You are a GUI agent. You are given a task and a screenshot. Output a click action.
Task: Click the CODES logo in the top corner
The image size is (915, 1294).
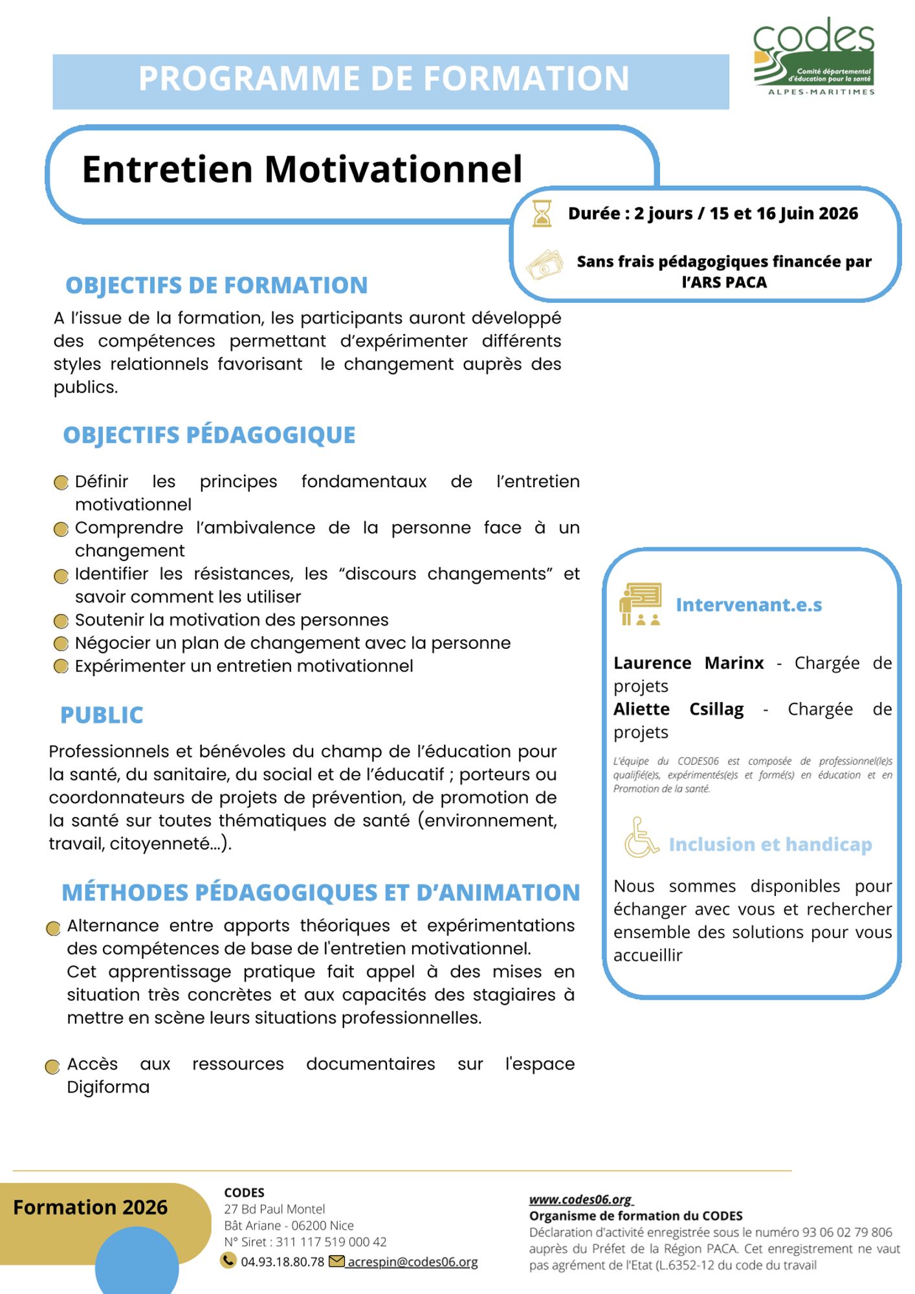[x=814, y=57]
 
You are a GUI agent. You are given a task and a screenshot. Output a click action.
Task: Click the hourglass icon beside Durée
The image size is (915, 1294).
[x=542, y=214]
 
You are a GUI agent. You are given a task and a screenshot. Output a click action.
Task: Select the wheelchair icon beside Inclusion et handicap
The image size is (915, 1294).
[x=640, y=838]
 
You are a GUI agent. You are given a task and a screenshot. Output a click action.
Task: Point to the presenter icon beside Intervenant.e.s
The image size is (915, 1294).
[x=640, y=604]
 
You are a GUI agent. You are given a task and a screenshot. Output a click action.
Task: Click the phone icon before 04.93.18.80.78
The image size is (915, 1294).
[x=228, y=1260]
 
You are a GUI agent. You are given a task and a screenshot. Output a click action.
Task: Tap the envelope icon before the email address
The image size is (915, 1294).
[x=336, y=1261]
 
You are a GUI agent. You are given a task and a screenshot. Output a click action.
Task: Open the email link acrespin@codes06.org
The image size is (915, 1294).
[x=413, y=1262]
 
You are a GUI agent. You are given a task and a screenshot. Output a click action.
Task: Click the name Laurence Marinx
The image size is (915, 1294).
[x=689, y=663]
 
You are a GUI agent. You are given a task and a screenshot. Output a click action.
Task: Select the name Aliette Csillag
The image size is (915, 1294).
[x=678, y=709]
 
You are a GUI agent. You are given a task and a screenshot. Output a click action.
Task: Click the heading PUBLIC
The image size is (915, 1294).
[x=102, y=715]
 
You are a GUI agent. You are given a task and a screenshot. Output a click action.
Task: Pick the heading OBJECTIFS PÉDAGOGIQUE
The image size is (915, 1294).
[x=209, y=435]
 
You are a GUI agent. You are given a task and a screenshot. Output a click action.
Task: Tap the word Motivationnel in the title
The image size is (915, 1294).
[x=393, y=170]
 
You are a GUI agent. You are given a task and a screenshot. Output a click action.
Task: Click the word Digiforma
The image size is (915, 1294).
[x=108, y=1087]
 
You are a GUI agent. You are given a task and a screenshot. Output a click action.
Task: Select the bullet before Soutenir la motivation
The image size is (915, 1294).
[x=61, y=621]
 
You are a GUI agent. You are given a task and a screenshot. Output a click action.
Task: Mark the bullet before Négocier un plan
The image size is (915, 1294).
[x=61, y=644]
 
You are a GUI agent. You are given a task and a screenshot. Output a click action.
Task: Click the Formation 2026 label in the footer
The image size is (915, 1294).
[x=91, y=1207]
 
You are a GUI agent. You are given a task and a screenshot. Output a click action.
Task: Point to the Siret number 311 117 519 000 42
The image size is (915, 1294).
[x=331, y=1242]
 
